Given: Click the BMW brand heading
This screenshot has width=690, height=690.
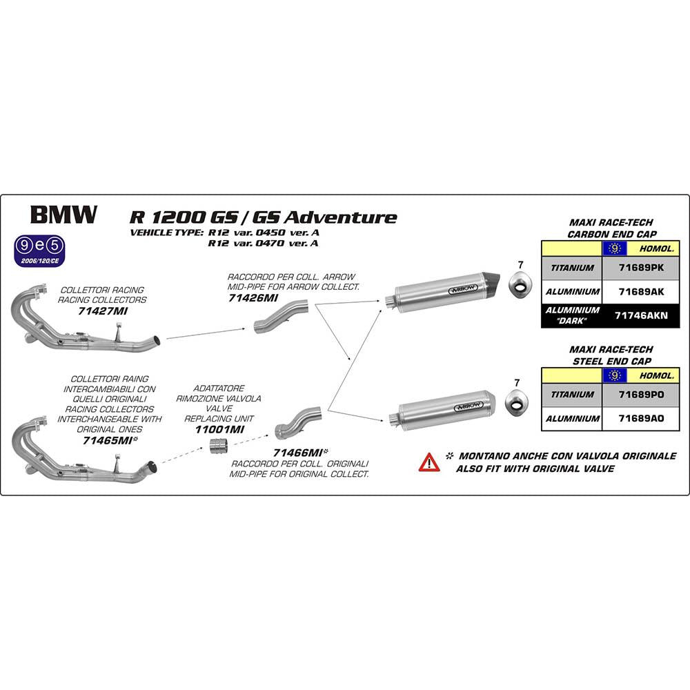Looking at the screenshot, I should pyautogui.click(x=63, y=215).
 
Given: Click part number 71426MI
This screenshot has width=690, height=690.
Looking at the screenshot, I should pyautogui.click(x=253, y=298).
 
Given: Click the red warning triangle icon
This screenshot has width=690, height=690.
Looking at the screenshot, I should pyautogui.click(x=428, y=462).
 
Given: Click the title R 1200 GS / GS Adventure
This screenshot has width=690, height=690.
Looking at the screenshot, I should pyautogui.click(x=263, y=217).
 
